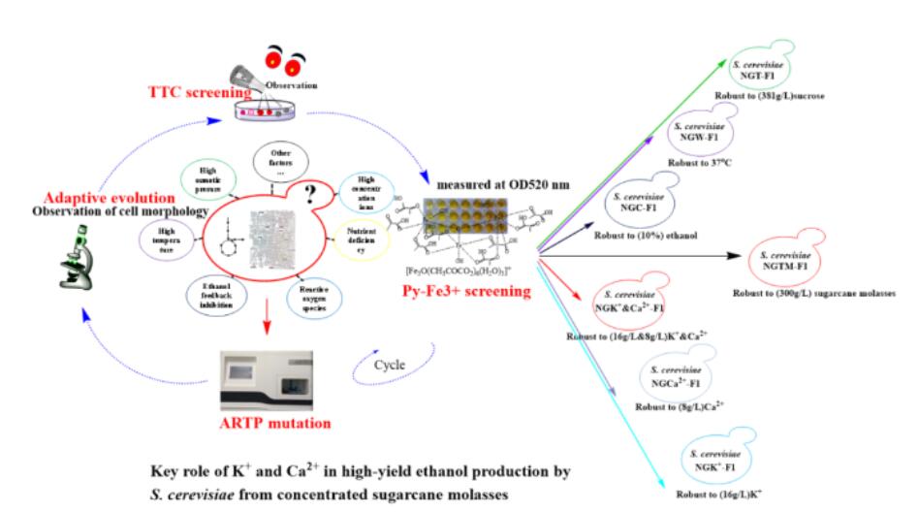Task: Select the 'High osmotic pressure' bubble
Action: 206,179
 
